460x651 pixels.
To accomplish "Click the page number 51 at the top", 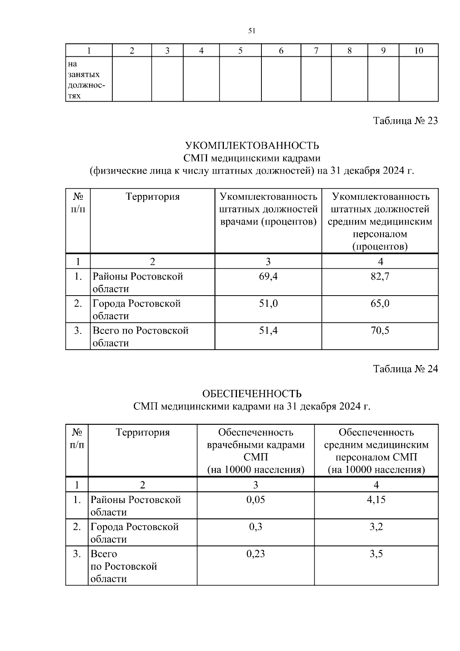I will click(x=252, y=31).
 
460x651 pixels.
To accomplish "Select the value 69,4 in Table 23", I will click(x=268, y=276).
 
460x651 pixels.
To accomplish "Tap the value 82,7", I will click(x=380, y=276).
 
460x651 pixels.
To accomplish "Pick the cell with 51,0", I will click(x=268, y=303).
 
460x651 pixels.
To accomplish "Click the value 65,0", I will click(x=380, y=303).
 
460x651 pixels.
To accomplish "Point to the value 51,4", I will click(x=268, y=330).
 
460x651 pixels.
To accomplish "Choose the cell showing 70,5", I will click(x=380, y=330).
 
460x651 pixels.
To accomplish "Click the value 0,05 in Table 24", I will click(x=256, y=499).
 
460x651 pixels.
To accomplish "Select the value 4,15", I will click(x=376, y=499).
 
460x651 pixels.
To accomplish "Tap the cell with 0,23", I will click(x=256, y=554).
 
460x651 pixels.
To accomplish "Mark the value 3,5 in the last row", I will click(x=376, y=554).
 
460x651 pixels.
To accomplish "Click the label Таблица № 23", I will click(x=405, y=121).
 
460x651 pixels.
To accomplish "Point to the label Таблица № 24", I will click(x=405, y=369).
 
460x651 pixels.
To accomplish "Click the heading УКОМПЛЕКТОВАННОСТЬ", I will click(x=252, y=146).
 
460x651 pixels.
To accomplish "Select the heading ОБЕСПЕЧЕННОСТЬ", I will click(x=252, y=394).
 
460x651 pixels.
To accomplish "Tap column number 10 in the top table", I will click(x=419, y=51).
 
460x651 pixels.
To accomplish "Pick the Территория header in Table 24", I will click(x=143, y=432).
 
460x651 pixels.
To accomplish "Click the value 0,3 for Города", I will click(x=256, y=526).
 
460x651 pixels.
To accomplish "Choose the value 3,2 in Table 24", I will click(x=376, y=526).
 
